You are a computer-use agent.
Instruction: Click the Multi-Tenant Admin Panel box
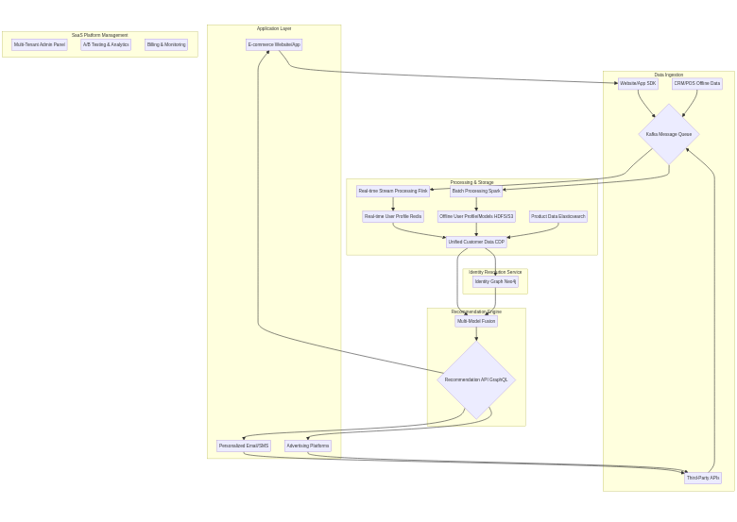click(39, 44)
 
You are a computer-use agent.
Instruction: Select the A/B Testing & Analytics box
click(106, 44)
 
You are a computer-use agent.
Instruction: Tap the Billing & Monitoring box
click(166, 44)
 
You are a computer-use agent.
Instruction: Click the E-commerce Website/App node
click(274, 44)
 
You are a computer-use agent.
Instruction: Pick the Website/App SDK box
click(638, 84)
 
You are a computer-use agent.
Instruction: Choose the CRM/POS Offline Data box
click(697, 84)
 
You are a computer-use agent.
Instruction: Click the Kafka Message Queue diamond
click(669, 134)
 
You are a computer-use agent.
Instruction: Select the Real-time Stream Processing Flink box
click(393, 192)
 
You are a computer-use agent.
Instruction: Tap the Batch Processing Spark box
click(476, 192)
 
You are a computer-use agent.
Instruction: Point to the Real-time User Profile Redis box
click(393, 217)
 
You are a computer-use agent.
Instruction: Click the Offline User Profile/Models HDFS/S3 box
click(477, 217)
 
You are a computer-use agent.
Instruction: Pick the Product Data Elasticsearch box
click(558, 217)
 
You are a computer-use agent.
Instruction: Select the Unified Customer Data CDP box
click(476, 243)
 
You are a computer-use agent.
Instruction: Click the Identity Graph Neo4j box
click(495, 282)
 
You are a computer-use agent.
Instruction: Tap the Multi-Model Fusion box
click(476, 322)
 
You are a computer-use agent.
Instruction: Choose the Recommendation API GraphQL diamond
click(476, 379)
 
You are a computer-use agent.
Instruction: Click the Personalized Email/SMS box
click(244, 446)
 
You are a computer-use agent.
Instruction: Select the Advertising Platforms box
click(308, 446)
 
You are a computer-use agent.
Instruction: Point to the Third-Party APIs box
click(703, 479)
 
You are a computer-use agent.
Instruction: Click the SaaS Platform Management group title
click(100, 35)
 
